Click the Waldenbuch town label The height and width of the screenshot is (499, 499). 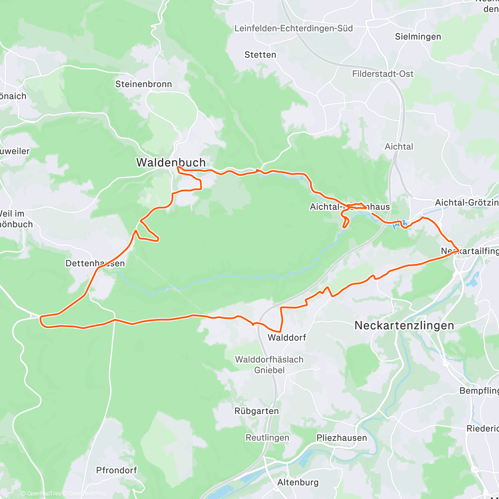(x=171, y=163)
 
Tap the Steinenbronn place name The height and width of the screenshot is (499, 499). (x=143, y=84)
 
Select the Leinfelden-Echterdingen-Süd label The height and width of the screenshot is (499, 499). (x=294, y=29)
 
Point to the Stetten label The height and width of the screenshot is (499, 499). (x=260, y=55)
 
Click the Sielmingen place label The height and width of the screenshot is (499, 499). (x=418, y=37)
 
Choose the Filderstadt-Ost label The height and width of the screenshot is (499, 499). (x=383, y=74)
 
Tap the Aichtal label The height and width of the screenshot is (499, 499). (x=399, y=147)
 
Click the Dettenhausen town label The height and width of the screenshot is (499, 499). (x=95, y=264)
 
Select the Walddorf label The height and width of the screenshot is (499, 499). (x=287, y=338)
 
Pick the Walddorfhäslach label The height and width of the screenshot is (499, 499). (x=269, y=360)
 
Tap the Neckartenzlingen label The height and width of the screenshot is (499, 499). (x=404, y=326)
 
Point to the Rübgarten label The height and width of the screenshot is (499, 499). (x=257, y=411)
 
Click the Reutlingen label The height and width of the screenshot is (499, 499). (x=267, y=438)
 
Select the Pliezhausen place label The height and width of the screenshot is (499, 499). (x=342, y=438)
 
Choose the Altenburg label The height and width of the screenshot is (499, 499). (x=298, y=482)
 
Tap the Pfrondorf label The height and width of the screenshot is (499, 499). (x=116, y=470)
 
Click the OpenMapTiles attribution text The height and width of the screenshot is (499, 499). (x=40, y=494)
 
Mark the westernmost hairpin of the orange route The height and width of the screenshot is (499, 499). (x=41, y=320)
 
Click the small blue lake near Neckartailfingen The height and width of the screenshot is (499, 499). (x=472, y=283)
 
